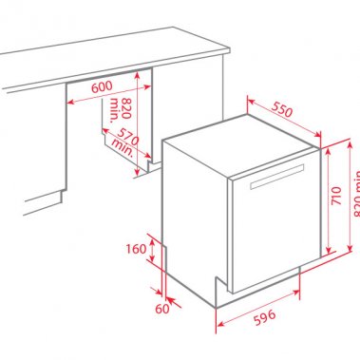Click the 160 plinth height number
tap(135, 250)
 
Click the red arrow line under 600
tap(104, 95)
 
